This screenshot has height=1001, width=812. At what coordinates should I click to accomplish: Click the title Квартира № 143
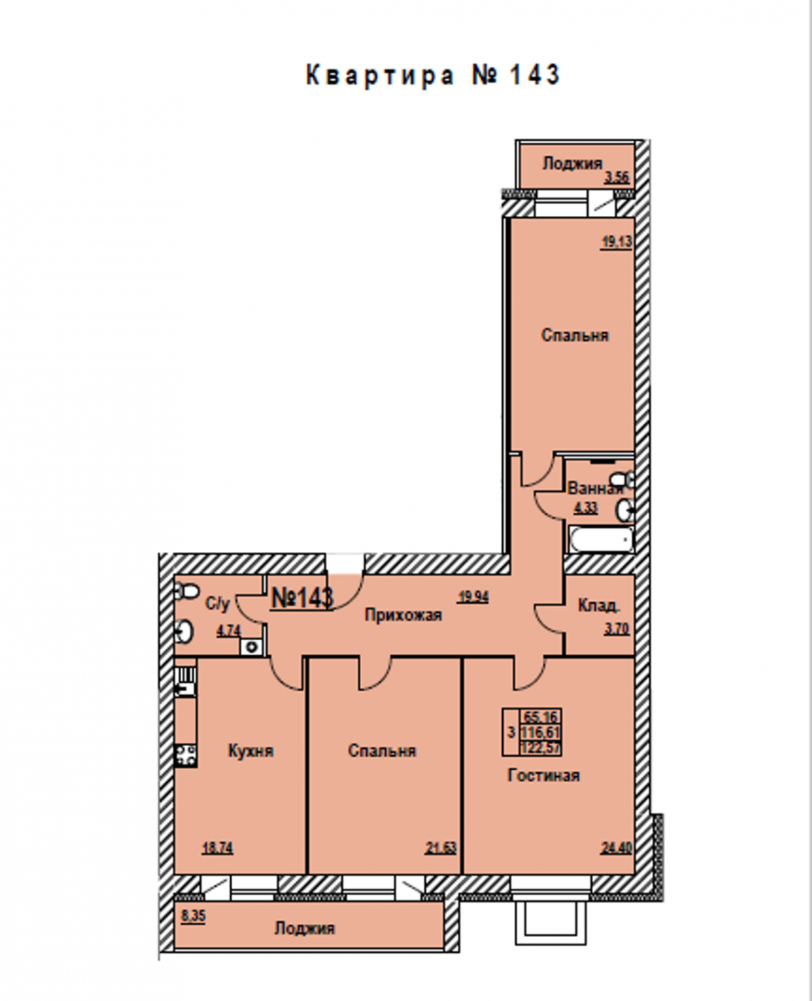[x=433, y=75]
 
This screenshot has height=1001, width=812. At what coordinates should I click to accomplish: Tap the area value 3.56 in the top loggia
[x=617, y=178]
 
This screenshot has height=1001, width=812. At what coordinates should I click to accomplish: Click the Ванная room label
[x=595, y=488]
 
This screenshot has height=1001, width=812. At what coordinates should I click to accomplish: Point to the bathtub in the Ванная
[x=601, y=539]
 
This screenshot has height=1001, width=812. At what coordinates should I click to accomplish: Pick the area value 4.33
[x=585, y=508]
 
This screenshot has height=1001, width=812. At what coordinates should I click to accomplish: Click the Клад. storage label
[x=599, y=605]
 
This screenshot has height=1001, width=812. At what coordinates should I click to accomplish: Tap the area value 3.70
[x=617, y=629]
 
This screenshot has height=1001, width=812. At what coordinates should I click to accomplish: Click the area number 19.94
[x=474, y=597]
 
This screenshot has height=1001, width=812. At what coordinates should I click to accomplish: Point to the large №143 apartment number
[x=302, y=598]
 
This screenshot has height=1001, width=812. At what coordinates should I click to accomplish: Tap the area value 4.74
[x=229, y=631]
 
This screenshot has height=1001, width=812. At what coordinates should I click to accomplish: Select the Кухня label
[x=251, y=751]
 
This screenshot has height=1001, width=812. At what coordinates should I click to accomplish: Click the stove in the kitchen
[x=186, y=756]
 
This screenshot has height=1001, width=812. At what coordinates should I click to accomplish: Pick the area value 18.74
[x=217, y=848]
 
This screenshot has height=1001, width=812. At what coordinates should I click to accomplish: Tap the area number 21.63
[x=441, y=848]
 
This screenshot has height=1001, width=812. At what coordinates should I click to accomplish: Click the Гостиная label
[x=544, y=775]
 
